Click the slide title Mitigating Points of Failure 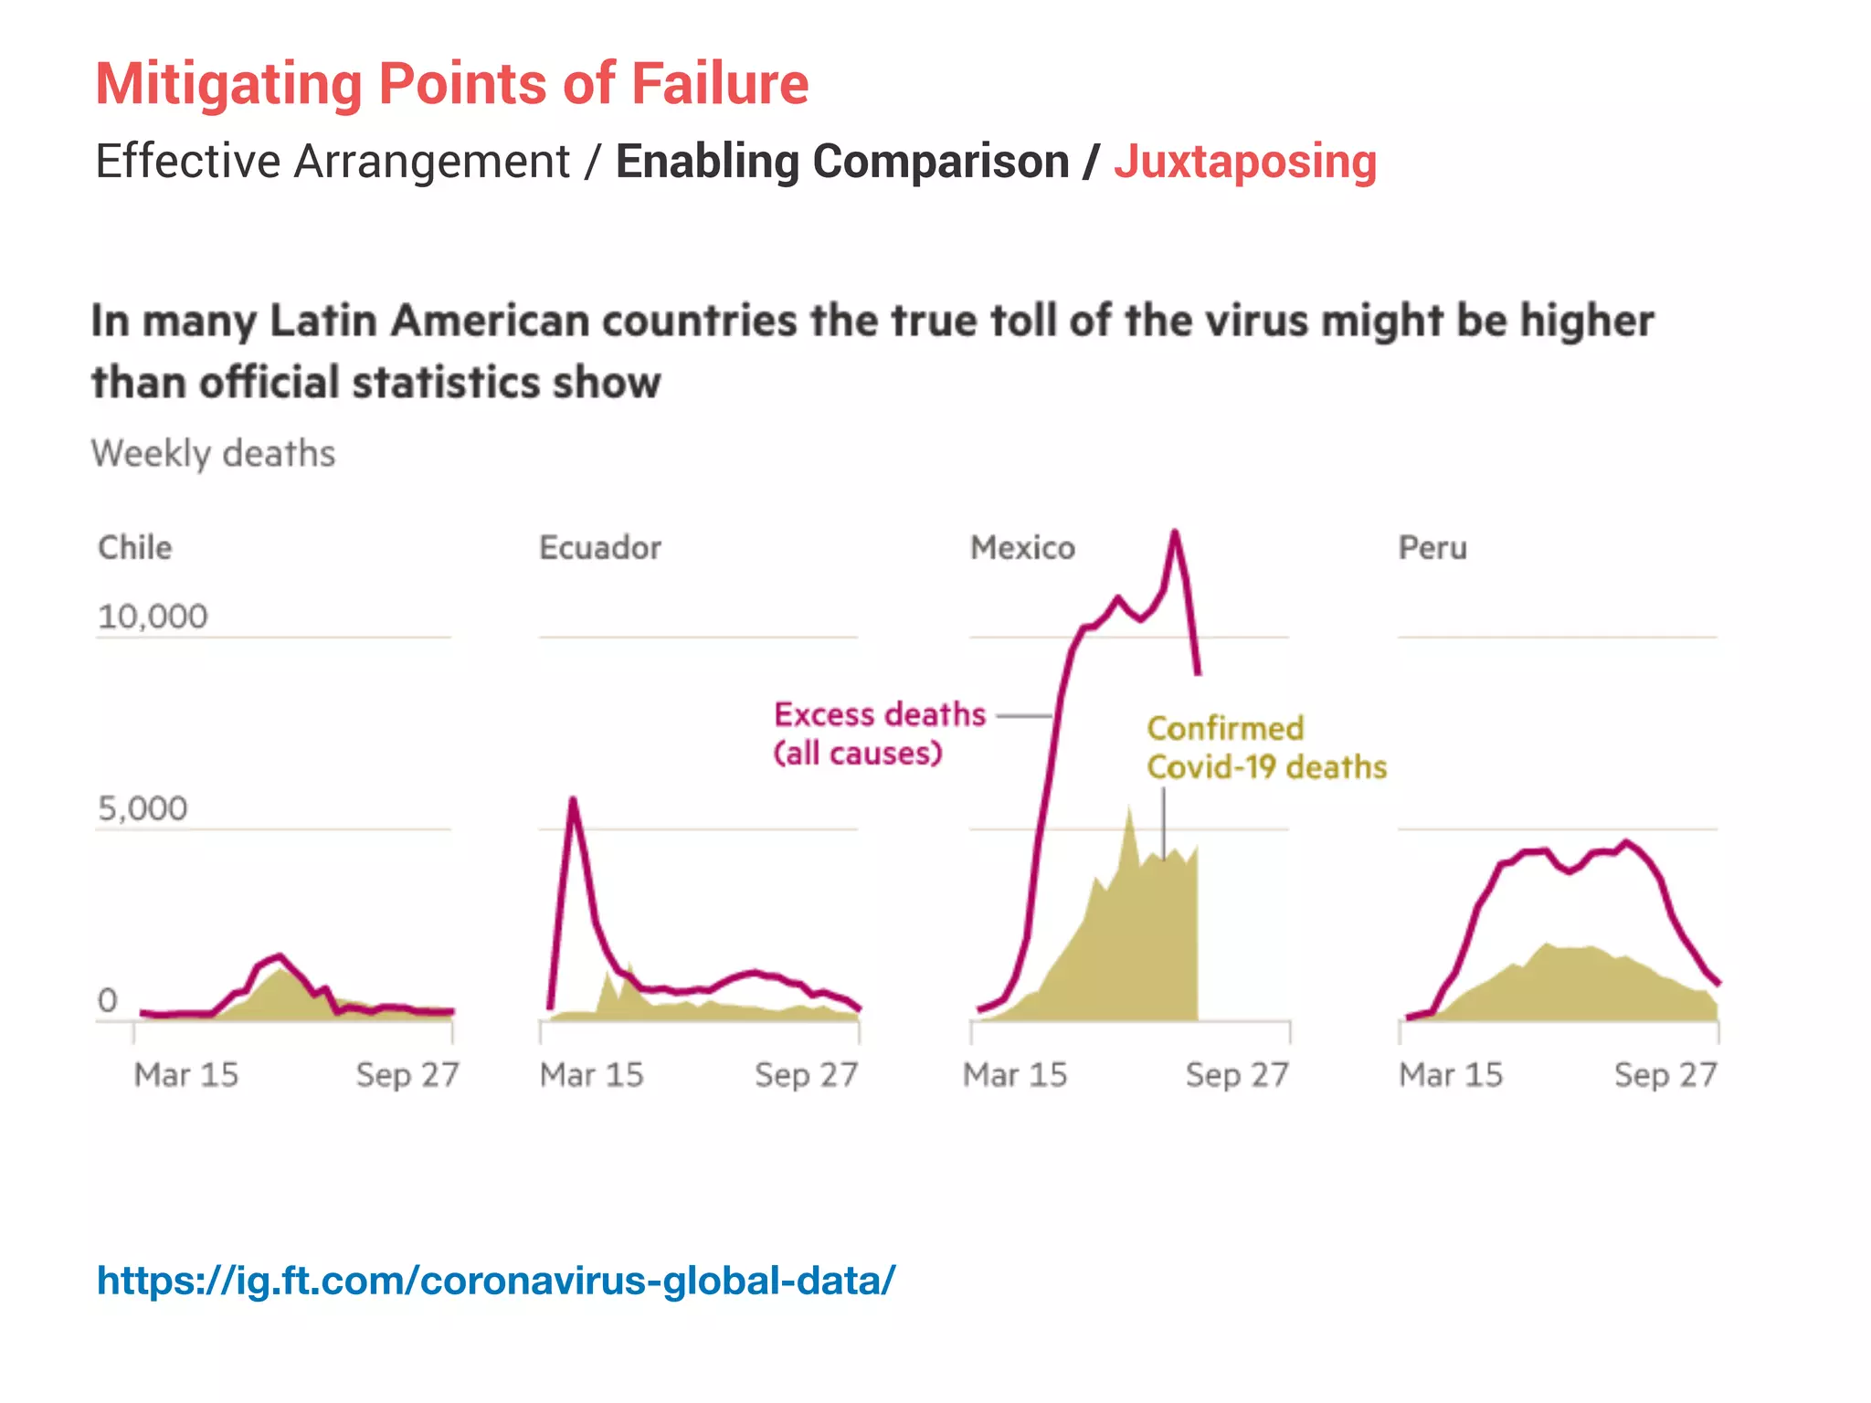pos(451,84)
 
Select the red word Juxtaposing pos(1244,162)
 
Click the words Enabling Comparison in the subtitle pos(841,162)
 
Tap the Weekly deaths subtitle pos(213,453)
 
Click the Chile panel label pos(134,547)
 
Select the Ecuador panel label pos(599,547)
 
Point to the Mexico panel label pos(1022,547)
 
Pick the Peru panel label pos(1432,547)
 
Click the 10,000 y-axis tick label pos(153,617)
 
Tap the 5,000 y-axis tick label pos(143,808)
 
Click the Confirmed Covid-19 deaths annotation pos(1265,747)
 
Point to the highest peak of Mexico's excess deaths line pos(1175,533)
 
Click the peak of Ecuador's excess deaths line pos(573,800)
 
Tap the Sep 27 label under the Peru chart pos(1665,1074)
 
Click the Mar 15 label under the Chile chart pos(185,1074)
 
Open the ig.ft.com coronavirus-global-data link pos(496,1281)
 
